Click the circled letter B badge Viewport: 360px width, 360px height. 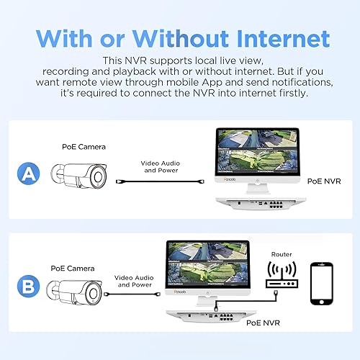(x=27, y=287)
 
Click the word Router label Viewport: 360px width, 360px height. (x=282, y=254)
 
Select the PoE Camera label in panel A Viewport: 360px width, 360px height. (x=84, y=147)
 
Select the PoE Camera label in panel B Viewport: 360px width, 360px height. (x=72, y=268)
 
